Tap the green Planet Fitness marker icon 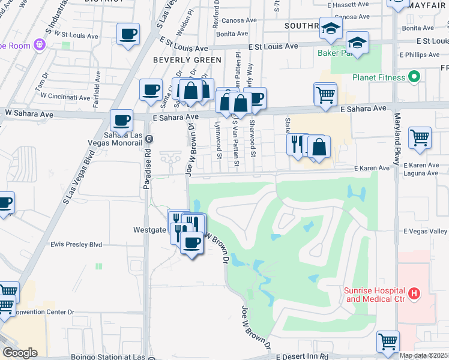coord(413,77)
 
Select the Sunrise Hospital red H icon coord(414,294)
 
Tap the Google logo coord(20,353)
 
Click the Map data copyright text coord(424,355)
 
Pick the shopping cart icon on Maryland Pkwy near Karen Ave coord(420,137)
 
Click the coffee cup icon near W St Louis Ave coord(128,34)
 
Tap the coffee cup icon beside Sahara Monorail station coord(121,119)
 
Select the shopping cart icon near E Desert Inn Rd coord(388,341)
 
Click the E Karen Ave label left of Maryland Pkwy coord(372,169)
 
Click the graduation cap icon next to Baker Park coord(357,43)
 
